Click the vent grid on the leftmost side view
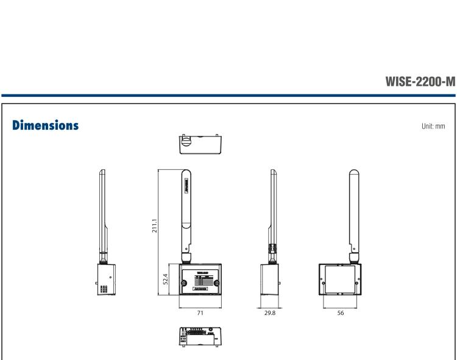click(104, 290)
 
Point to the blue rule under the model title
click(228, 95)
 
